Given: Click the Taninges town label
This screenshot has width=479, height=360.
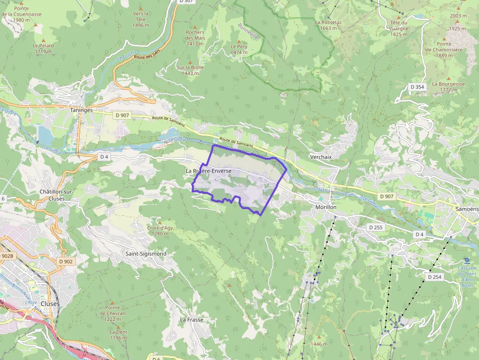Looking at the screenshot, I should pos(81,110).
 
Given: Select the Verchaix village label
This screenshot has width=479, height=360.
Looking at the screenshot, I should pos(321,157).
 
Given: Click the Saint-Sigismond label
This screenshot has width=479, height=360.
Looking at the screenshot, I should pos(146,254).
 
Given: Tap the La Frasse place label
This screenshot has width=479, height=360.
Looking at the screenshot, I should pos(191,320).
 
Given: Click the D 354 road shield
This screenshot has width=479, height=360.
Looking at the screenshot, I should pos(417,86).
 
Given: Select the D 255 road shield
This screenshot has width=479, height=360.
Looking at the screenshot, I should pos(375,228).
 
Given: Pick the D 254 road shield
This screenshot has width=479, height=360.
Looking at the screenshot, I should pos(434,277).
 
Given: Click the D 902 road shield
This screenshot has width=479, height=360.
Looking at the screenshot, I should pos(65,261).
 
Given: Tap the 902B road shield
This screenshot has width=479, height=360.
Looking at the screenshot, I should pos(7,255).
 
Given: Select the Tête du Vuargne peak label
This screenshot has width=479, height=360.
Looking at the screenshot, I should pos(399,25).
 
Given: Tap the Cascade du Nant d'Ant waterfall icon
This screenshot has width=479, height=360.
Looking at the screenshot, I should pos(467,259).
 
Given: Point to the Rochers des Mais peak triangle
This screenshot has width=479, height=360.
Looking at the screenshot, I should pos(195,26).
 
